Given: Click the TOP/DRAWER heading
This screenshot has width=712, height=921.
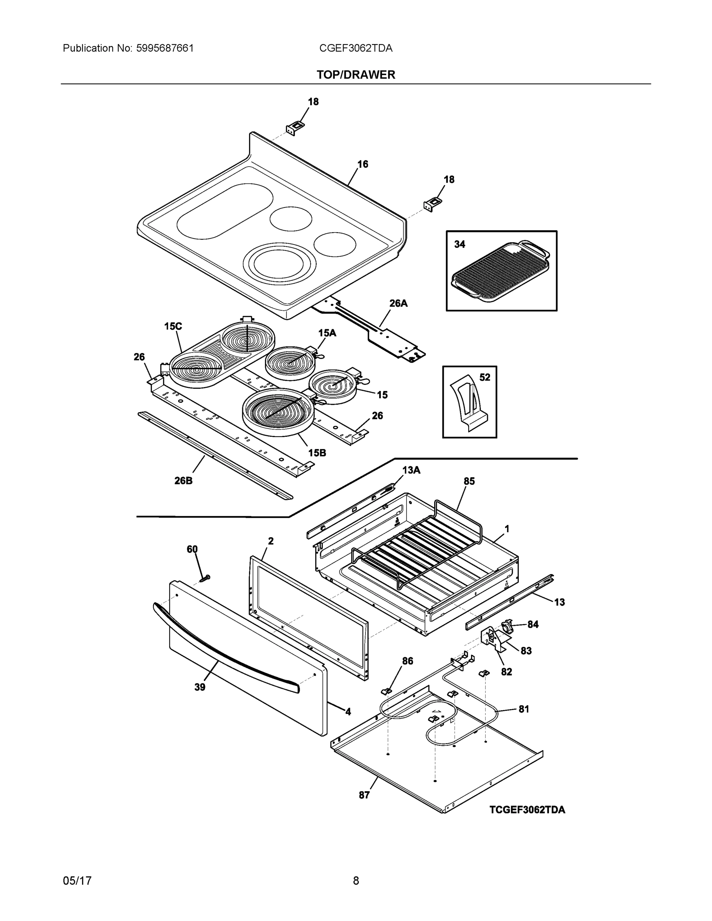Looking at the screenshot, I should tap(355, 75).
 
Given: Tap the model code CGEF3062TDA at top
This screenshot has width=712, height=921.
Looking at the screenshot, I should tap(355, 48).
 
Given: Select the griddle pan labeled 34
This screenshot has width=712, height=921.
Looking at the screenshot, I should tap(500, 270).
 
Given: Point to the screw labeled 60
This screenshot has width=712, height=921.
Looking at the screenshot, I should tap(205, 579).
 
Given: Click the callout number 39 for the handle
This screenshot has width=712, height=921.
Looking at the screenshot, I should tap(200, 687).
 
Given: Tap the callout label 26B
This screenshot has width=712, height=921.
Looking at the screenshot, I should tap(183, 480).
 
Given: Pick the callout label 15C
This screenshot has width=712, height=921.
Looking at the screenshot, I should tap(173, 326).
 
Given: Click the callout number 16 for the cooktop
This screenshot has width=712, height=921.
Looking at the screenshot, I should tap(363, 164).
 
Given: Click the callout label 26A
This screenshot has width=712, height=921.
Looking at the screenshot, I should tap(398, 303).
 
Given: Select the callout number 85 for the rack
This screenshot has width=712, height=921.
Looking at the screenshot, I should tap(469, 481).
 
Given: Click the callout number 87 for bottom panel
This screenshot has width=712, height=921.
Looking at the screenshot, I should tap(364, 795).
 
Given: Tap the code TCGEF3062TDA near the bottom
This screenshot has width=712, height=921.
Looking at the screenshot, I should tap(527, 810).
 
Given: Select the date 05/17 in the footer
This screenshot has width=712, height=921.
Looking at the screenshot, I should tap(77, 881).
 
